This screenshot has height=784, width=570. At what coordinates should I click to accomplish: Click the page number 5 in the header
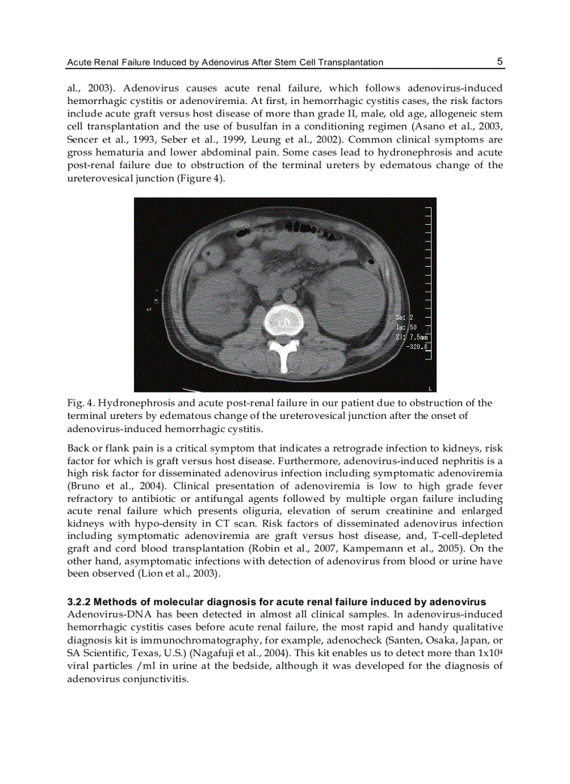[499, 61]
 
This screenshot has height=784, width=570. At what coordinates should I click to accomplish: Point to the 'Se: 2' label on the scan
[406, 318]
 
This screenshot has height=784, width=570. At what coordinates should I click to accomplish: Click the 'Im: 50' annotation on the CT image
[406, 327]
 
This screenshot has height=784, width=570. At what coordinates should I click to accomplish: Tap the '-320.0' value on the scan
[416, 346]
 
